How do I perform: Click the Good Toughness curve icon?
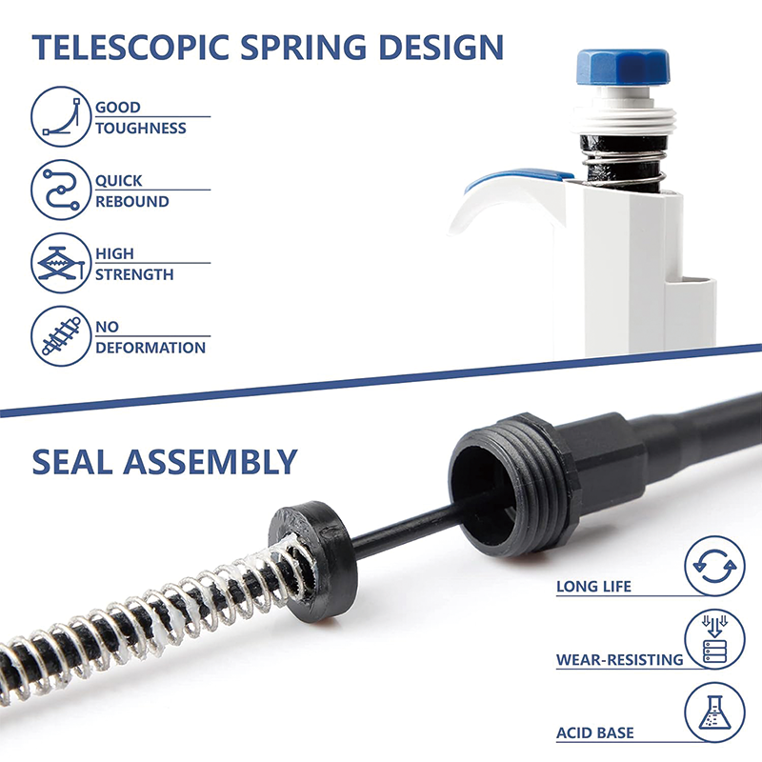coord(60,116)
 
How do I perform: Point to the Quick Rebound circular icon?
coord(60,190)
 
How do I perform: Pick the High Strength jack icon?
coord(60,264)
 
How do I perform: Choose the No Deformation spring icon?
coord(60,336)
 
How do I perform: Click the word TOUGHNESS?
coord(140,129)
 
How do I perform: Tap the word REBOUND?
coord(131,202)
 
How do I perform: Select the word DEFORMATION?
coord(150,348)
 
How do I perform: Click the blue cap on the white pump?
coord(622,65)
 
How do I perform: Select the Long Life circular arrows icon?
coord(714,567)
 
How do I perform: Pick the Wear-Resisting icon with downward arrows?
coord(714,641)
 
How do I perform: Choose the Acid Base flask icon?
coord(714,715)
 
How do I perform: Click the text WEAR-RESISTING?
coord(620,659)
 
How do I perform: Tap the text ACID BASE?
coord(595,733)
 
